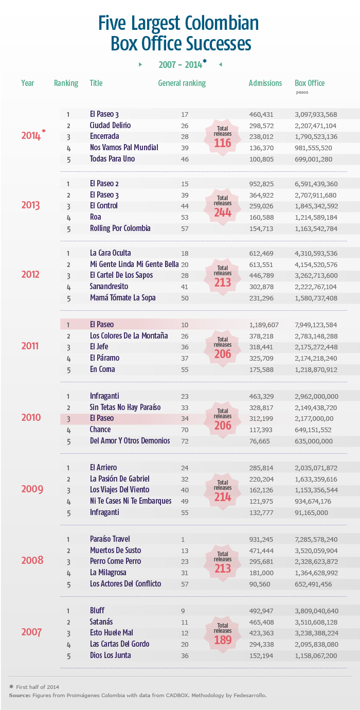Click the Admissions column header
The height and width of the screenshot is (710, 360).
pos(265,83)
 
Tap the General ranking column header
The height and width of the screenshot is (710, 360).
pos(182,83)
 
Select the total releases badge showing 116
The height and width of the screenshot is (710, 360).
pos(223,137)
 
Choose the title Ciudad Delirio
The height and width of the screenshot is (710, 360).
pos(110,125)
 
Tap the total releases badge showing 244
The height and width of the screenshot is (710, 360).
pos(223,206)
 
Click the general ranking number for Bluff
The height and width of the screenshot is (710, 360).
pos(185,611)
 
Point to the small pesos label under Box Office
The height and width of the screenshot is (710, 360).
pos(301,93)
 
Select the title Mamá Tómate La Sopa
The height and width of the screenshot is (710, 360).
pos(122,297)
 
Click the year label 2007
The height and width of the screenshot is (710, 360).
pos(31,632)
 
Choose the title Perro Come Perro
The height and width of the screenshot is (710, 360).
pos(115,561)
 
